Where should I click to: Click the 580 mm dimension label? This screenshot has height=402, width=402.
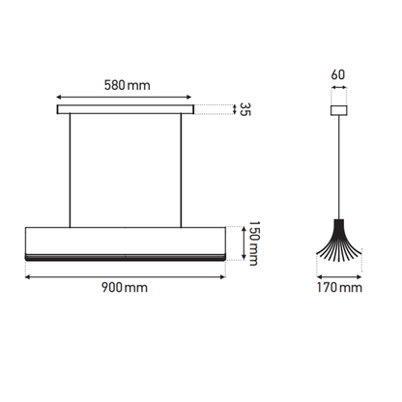coord(127,85)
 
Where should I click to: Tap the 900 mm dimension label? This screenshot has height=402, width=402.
coord(125,287)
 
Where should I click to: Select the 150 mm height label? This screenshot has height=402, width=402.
coord(254,244)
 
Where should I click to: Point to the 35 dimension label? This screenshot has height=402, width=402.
coord(245,109)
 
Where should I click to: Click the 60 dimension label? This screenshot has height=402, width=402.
coord(338,74)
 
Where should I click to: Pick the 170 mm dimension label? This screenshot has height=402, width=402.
coord(339,287)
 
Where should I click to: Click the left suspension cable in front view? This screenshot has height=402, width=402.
coord(70,170)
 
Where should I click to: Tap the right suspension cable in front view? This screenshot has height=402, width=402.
coord(181,170)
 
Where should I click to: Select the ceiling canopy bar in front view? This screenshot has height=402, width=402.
coord(126,109)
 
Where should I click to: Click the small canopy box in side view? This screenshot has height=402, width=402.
coord(339,110)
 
